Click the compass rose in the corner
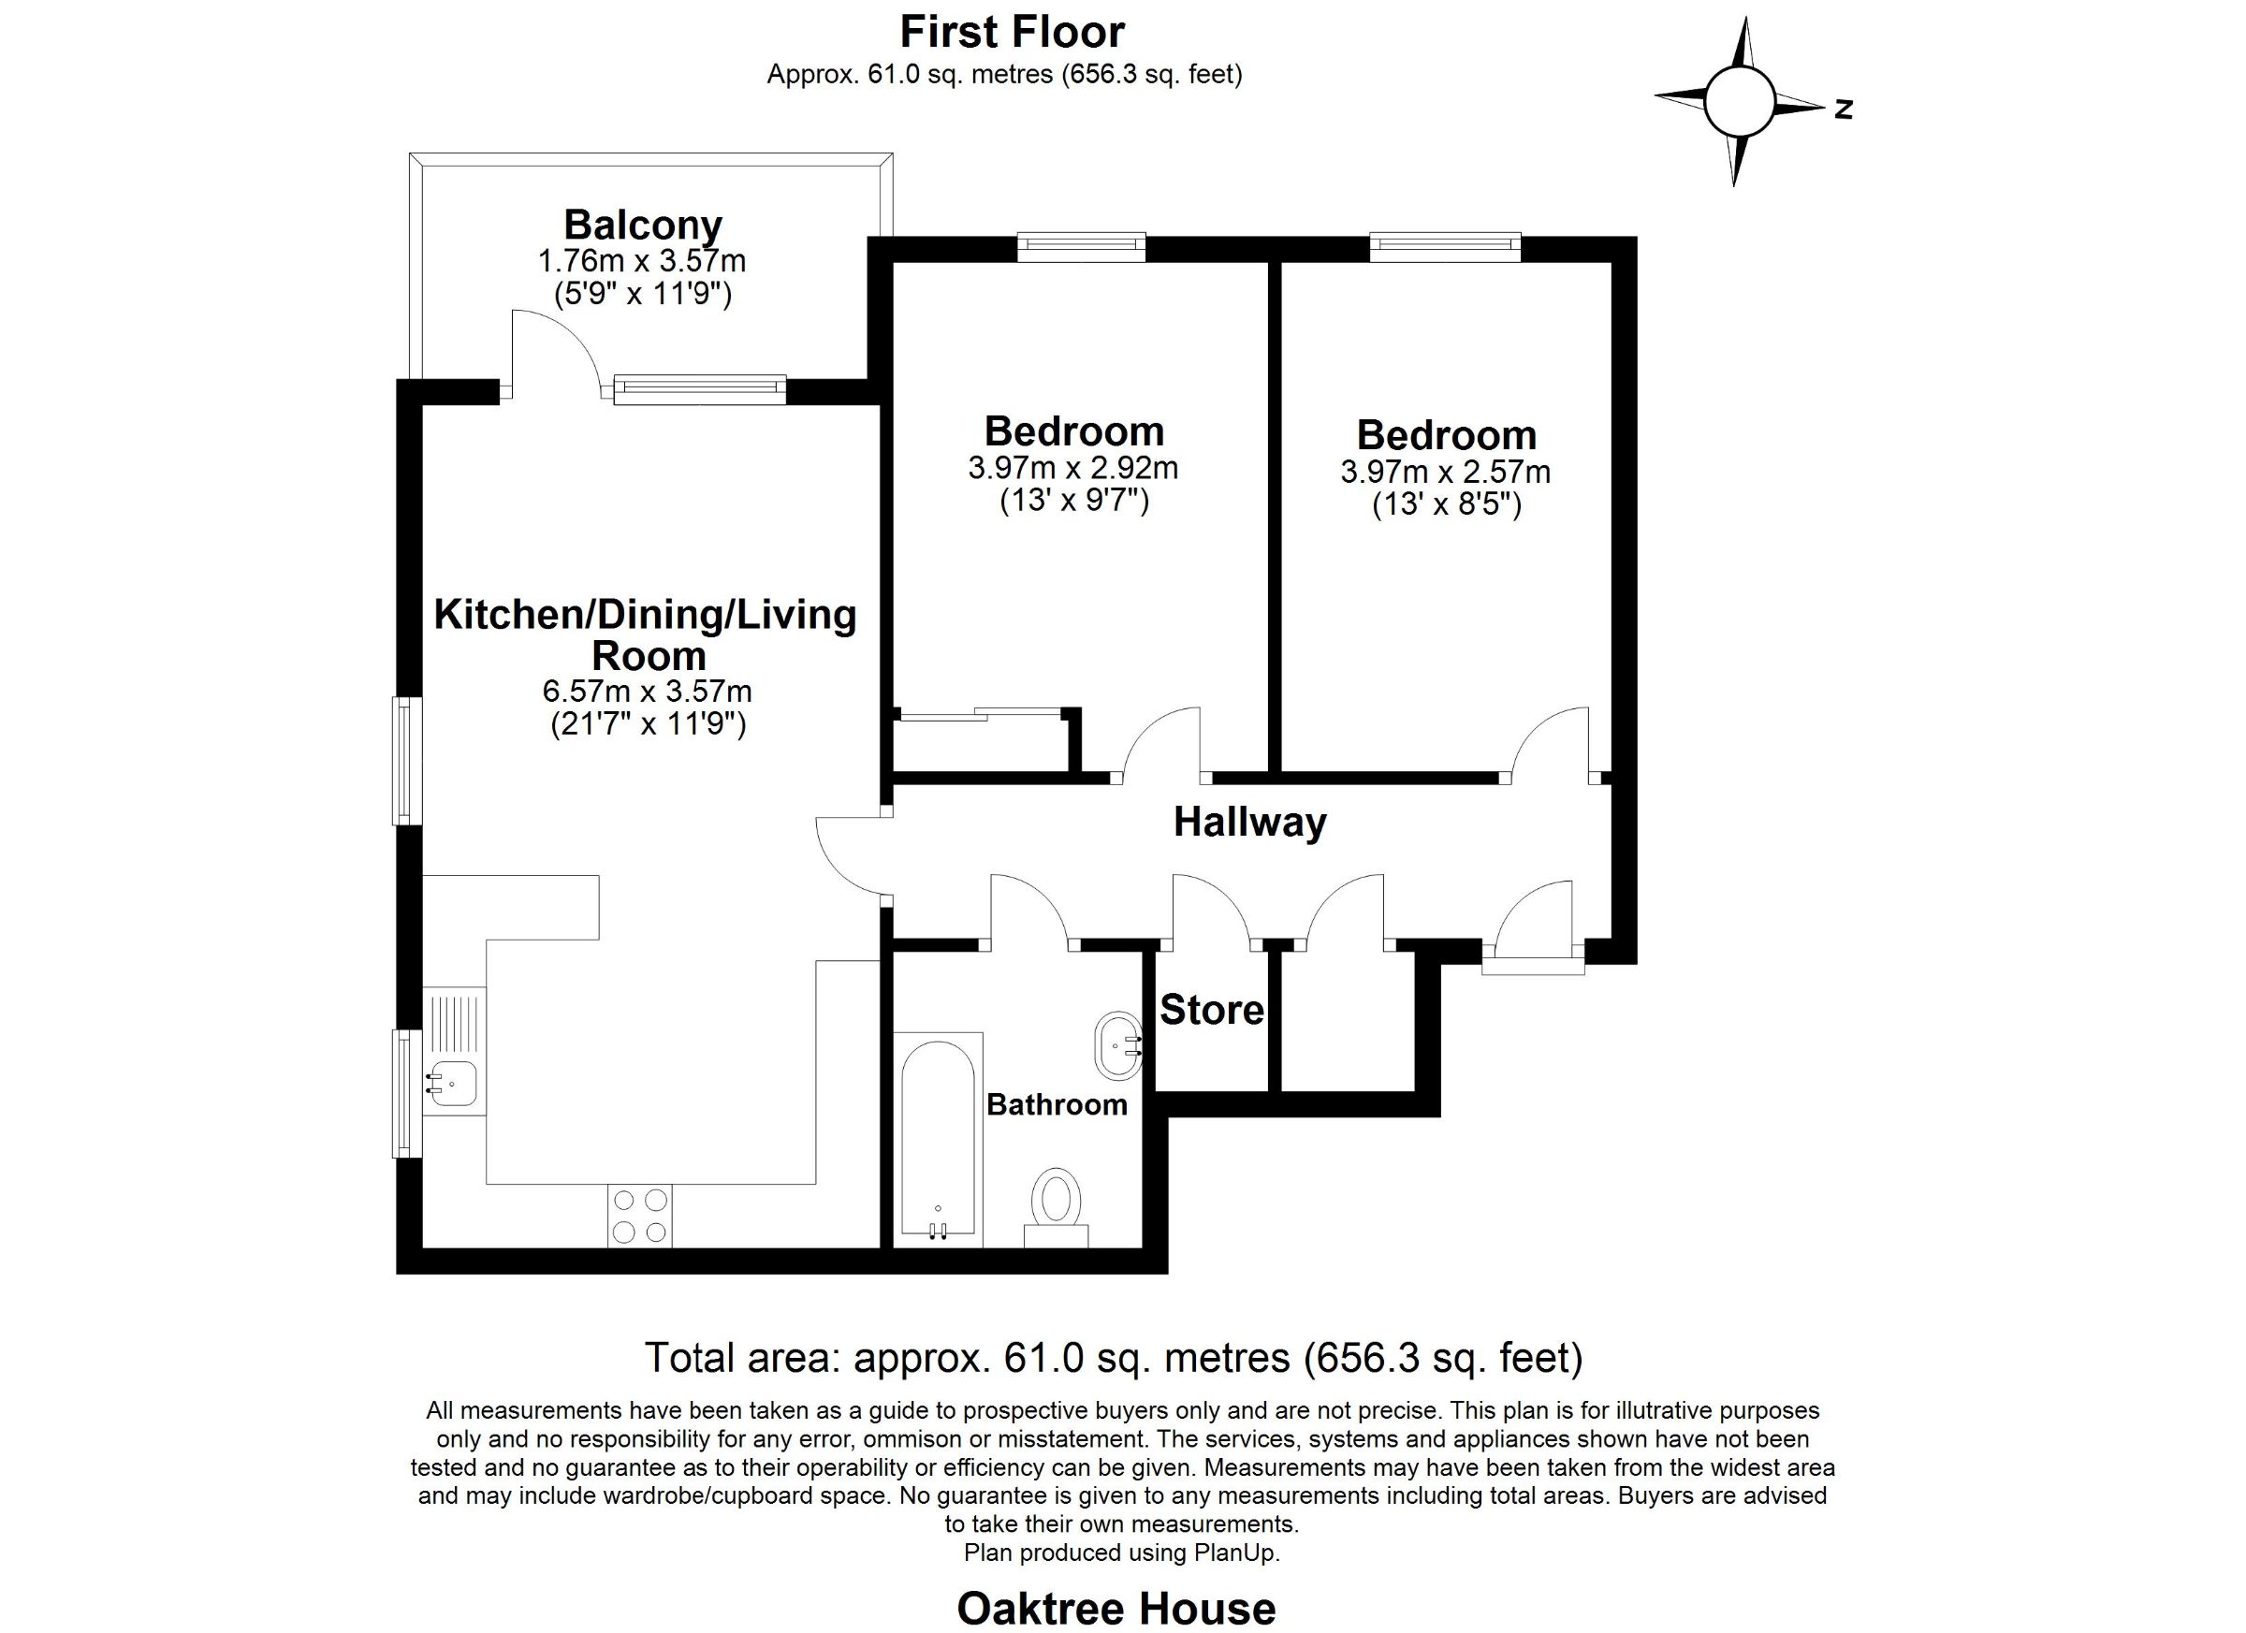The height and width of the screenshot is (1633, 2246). click(x=1738, y=101)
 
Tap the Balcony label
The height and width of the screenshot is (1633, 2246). click(x=644, y=225)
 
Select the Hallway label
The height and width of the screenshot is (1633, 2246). click(x=1249, y=822)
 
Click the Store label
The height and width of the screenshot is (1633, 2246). click(x=1212, y=1010)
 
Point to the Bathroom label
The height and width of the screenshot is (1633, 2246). click(x=1057, y=1104)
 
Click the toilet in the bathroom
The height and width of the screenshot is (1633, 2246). click(x=1056, y=1207)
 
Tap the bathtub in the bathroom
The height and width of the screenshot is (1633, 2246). click(x=938, y=1140)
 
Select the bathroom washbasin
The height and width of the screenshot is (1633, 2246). click(x=1119, y=1045)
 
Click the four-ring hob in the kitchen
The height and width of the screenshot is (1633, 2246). click(x=640, y=1216)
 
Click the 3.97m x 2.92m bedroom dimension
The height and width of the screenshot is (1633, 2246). click(x=1073, y=467)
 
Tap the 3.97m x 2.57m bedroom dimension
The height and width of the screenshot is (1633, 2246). click(x=1446, y=472)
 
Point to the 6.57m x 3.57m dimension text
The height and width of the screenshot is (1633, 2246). click(x=648, y=691)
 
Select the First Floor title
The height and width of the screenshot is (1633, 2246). click(x=1012, y=32)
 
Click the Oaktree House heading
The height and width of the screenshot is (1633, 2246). click(x=1116, y=1610)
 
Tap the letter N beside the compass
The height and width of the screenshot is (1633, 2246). click(x=1843, y=109)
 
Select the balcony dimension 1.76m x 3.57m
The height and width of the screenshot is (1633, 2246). click(x=642, y=261)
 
